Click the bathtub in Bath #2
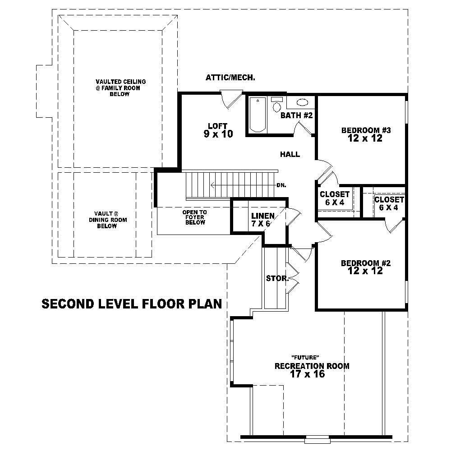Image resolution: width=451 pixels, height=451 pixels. click(x=258, y=115)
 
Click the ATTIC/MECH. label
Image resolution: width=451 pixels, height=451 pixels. click(x=230, y=78)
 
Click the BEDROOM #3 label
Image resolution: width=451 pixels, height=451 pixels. click(x=365, y=134)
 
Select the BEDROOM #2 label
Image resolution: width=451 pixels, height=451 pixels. click(x=365, y=267)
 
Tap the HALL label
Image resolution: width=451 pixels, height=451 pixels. click(x=290, y=154)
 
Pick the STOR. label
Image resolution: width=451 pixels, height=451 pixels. click(x=277, y=278)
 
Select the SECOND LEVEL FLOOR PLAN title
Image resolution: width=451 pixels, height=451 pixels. click(x=132, y=304)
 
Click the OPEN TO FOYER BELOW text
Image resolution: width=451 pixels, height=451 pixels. click(x=194, y=217)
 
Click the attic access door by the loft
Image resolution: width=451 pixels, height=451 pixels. click(x=231, y=98)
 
